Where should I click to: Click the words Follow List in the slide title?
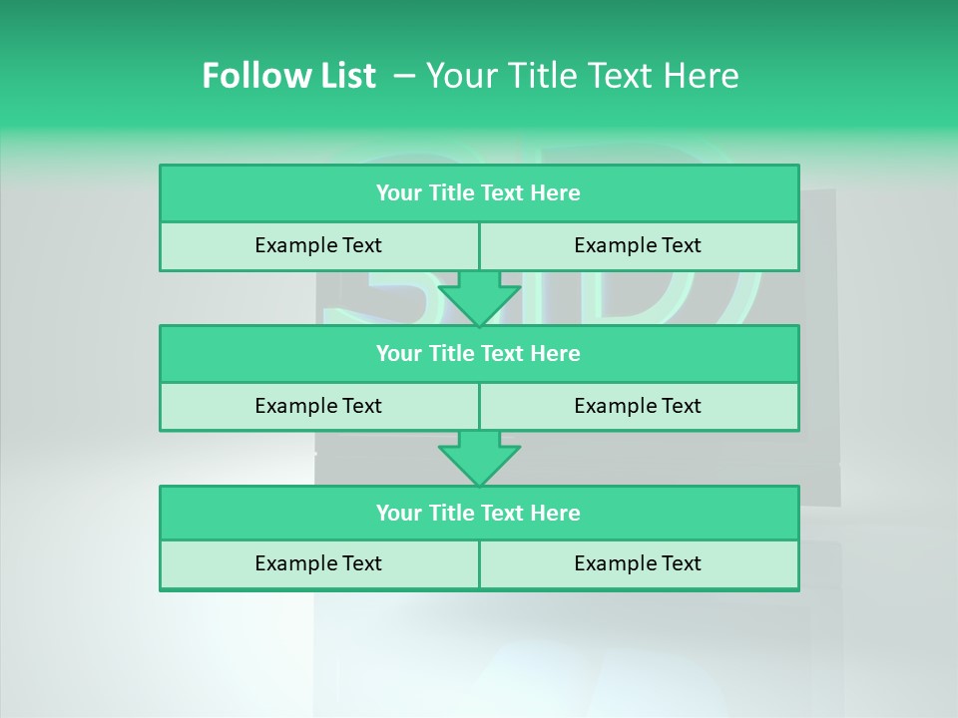[288, 76]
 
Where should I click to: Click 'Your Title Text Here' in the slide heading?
[583, 76]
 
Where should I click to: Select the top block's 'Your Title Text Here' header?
[478, 193]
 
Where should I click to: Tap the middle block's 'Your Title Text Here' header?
[478, 353]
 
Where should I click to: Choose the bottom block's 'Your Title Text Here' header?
[478, 513]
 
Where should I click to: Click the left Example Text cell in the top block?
[318, 245]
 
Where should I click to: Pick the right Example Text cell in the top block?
[638, 245]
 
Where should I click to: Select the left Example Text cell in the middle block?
[318, 406]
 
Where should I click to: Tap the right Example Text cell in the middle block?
[638, 406]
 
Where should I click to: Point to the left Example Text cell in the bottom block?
[318, 563]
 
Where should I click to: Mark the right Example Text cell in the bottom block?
[638, 563]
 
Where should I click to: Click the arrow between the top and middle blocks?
[479, 297]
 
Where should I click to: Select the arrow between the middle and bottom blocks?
[479, 458]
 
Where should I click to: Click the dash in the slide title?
[404, 76]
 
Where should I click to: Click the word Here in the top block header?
[556, 193]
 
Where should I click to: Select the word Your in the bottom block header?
[399, 513]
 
